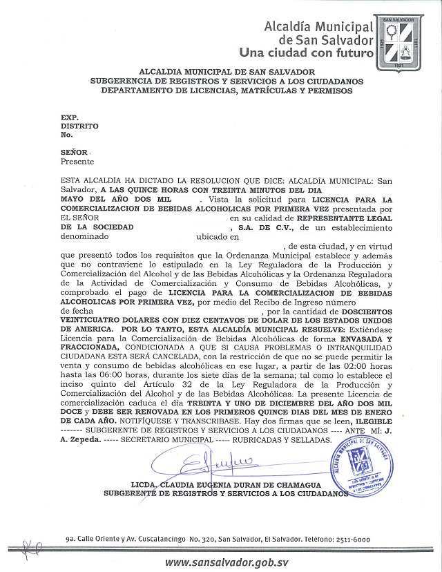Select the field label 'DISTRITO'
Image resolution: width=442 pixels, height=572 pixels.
(x=79, y=126)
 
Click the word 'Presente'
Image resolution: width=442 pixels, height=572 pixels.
(x=77, y=161)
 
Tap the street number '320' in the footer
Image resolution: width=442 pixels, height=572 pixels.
(x=211, y=539)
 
